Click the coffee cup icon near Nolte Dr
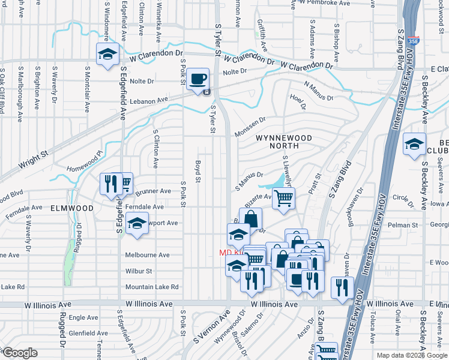pos(197,80)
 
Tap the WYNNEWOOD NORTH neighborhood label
pos(284,142)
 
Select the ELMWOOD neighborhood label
pos(72,208)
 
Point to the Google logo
pos(19,353)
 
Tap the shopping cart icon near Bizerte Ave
pos(283,198)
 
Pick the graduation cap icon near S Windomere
pos(107,55)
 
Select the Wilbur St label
pos(139,271)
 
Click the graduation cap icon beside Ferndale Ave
pos(137,224)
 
